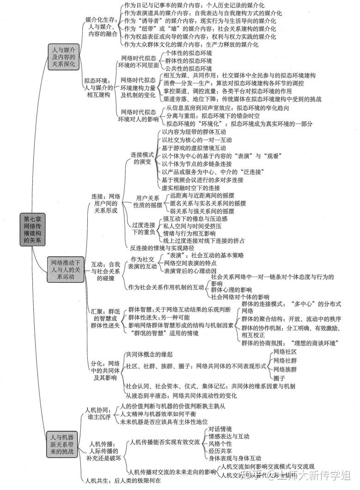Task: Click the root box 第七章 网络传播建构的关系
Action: point(32,230)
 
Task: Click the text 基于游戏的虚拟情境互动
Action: point(194,148)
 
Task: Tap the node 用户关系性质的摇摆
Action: point(148,201)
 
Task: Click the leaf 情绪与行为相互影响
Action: point(189,233)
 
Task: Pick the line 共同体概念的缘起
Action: point(149,354)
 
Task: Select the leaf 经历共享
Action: point(220,451)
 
